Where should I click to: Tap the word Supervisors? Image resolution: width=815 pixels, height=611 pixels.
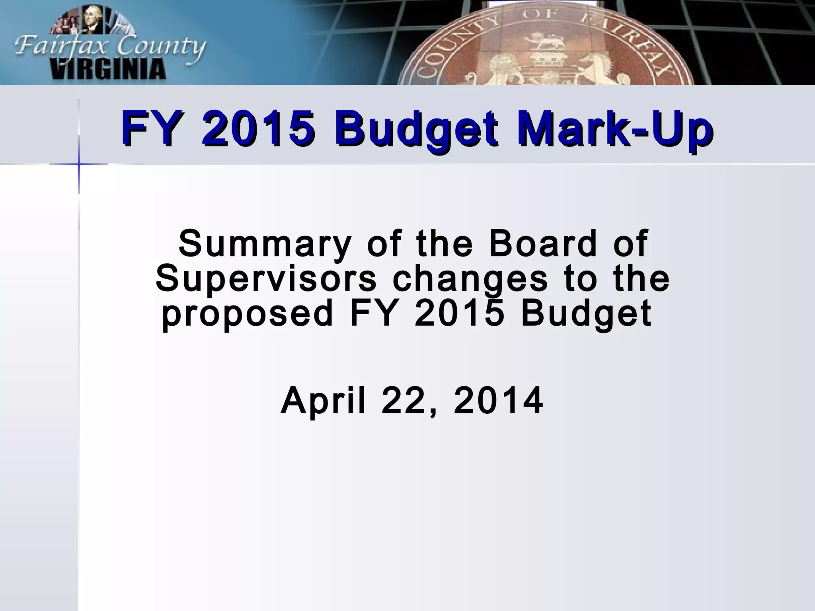click(x=266, y=279)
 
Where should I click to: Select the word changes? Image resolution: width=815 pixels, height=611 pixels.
click(x=470, y=279)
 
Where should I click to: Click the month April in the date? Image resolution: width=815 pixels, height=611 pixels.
click(x=323, y=401)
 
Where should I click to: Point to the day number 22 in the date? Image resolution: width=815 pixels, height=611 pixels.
click(x=404, y=401)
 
